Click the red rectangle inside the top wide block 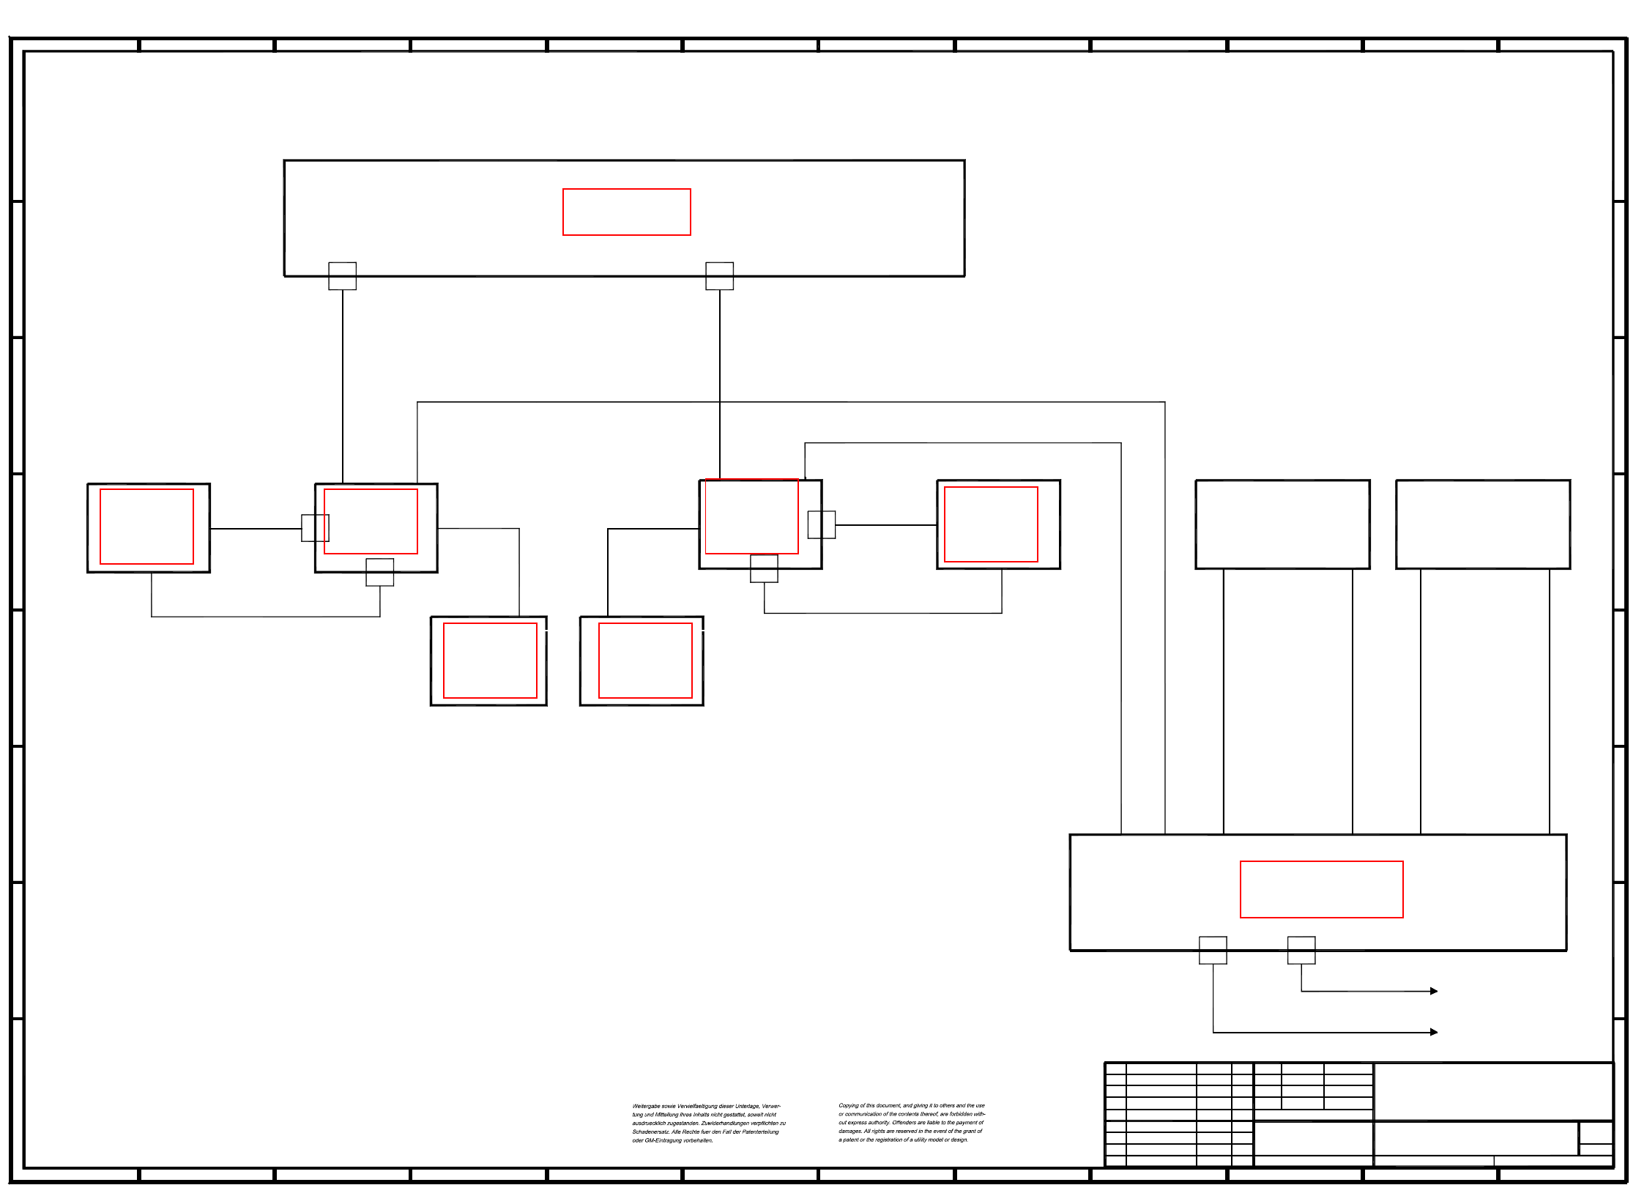(626, 212)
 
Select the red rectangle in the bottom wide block (1321, 889)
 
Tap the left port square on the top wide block (342, 276)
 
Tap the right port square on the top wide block (719, 276)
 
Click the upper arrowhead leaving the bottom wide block (1434, 991)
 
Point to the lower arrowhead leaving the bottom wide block (1434, 1032)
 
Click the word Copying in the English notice (849, 1106)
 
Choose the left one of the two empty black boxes (1282, 524)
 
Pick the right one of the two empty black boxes (1482, 524)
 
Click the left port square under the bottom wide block (1213, 950)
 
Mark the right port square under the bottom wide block (1301, 950)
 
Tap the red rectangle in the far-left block (146, 527)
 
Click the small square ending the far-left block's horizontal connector (315, 528)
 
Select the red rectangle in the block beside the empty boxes (991, 524)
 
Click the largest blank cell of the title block (1493, 1091)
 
